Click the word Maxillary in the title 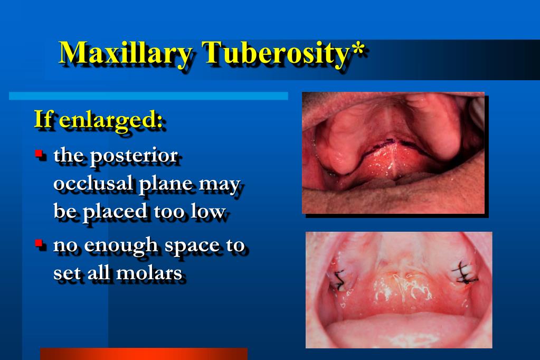click(x=126, y=53)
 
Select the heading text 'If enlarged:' click(x=98, y=119)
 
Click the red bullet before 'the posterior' click(x=39, y=154)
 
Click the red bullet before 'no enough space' click(x=39, y=243)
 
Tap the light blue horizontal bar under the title click(x=148, y=96)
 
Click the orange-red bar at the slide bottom click(x=144, y=354)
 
